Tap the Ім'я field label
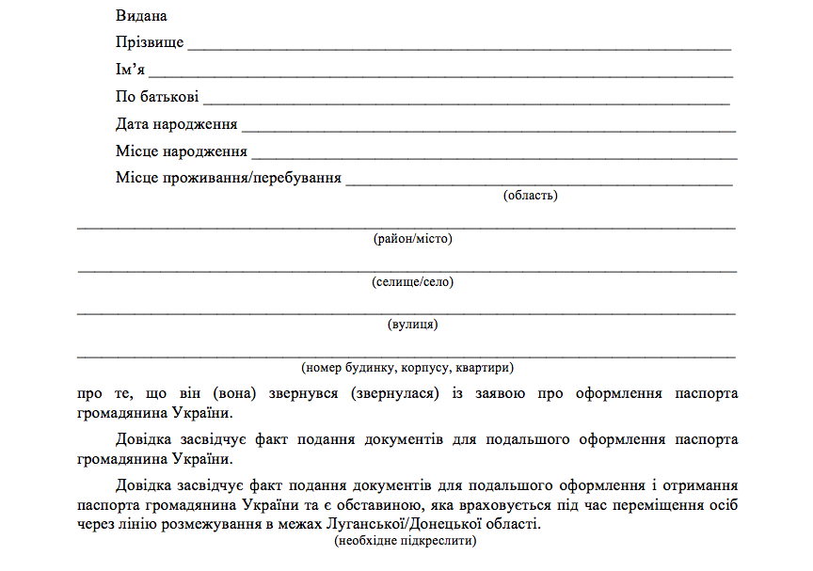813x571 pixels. point(130,70)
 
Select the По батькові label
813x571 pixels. point(156,97)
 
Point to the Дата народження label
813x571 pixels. point(176,124)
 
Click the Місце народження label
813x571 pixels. point(181,151)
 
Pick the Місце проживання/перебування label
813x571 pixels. point(228,178)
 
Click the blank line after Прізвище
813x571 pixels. point(459,47)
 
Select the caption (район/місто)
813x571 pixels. point(412,239)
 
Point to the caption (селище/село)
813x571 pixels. point(412,282)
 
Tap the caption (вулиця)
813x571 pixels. point(412,325)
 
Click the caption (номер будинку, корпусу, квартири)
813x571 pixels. point(406,368)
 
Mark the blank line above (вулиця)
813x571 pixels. point(406,311)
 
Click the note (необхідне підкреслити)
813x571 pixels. point(406,542)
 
